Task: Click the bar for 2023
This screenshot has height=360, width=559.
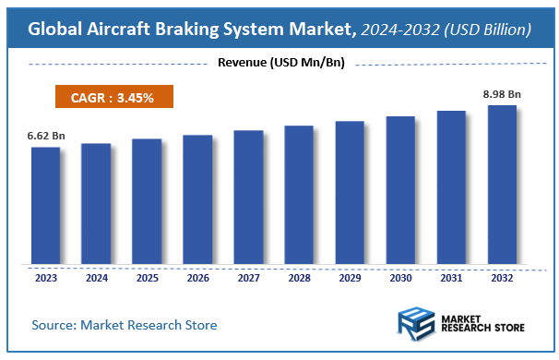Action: (45, 205)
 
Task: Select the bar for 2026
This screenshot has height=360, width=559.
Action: (197, 198)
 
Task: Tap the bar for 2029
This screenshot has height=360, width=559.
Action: (350, 192)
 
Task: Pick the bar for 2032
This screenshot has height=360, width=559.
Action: (502, 184)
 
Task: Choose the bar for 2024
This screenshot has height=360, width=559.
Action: (96, 203)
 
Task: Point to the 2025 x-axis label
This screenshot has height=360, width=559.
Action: (147, 277)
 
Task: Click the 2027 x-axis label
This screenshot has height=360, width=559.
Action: (248, 277)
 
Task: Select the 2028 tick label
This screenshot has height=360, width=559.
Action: (299, 277)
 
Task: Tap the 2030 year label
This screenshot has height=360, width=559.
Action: (400, 277)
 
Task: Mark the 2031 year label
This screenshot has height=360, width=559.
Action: (451, 277)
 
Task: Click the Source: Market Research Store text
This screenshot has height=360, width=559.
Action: (125, 325)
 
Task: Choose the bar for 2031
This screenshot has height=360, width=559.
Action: (451, 186)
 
